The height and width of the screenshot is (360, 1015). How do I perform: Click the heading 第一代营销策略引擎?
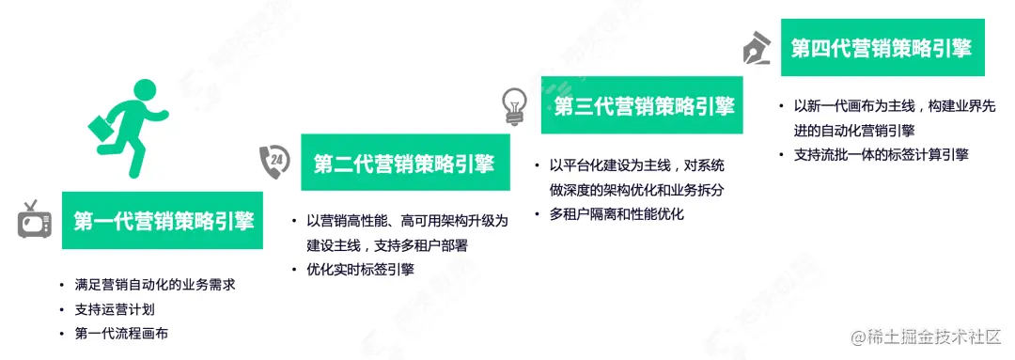click(164, 221)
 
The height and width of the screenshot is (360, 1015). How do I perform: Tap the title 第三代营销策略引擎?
click(642, 106)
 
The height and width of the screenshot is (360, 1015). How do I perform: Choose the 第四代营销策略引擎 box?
click(882, 48)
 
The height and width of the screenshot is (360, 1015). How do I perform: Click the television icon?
click(33, 219)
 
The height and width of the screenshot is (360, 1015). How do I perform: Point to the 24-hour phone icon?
click(274, 162)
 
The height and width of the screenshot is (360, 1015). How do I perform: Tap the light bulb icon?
click(513, 104)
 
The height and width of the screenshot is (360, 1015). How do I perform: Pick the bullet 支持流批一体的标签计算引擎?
click(882, 154)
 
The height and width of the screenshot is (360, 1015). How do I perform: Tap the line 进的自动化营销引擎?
click(854, 131)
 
